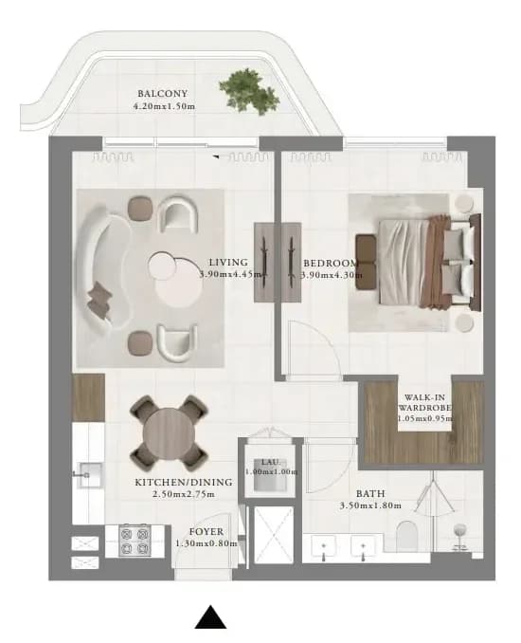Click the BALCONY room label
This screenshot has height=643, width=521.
click(163, 94)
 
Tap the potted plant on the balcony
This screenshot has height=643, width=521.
click(249, 92)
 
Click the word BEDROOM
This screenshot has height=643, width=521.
click(331, 263)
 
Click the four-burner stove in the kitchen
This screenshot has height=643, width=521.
click(135, 541)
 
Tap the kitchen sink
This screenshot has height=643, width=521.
click(88, 475)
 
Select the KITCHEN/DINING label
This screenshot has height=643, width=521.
click(184, 482)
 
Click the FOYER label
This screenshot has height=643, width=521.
click(207, 532)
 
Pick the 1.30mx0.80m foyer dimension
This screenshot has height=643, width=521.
click(207, 543)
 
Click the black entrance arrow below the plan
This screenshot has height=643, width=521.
click(210, 616)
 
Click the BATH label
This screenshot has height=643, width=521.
click(370, 494)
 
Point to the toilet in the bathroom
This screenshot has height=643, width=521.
click(406, 536)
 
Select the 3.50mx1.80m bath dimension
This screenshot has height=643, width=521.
click(370, 505)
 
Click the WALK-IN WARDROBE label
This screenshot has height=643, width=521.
click(424, 403)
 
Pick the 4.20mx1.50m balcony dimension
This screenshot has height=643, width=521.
click(164, 106)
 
